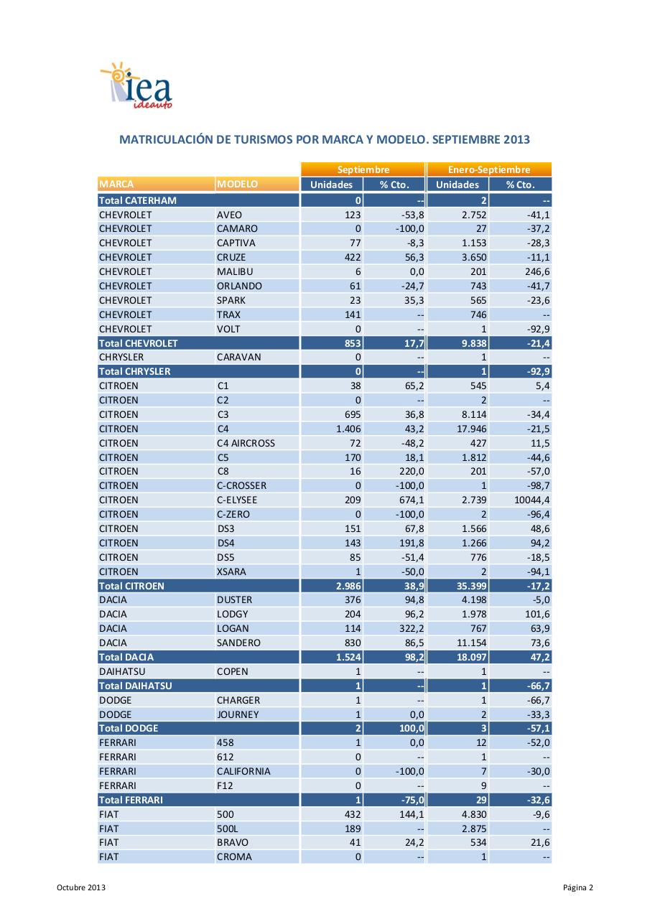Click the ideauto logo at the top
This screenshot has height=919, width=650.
point(136,86)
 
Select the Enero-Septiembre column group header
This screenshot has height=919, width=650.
point(488,170)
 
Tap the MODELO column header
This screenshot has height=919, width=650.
point(237,185)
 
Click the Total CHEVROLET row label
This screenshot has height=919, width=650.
point(138,343)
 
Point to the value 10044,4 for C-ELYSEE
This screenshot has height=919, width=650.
point(531,500)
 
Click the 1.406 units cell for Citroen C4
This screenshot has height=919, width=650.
point(348,429)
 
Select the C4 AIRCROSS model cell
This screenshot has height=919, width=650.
point(246,443)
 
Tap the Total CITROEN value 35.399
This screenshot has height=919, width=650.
point(468,586)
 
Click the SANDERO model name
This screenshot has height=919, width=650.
point(238,643)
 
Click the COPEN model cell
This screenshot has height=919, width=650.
point(232,671)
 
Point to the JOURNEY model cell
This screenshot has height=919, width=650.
point(238,714)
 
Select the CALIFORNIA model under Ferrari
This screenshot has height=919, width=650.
point(243,771)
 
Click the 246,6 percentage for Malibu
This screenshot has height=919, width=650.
point(534,271)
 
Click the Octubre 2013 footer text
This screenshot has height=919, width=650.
point(81,888)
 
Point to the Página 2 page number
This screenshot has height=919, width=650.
point(578,888)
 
